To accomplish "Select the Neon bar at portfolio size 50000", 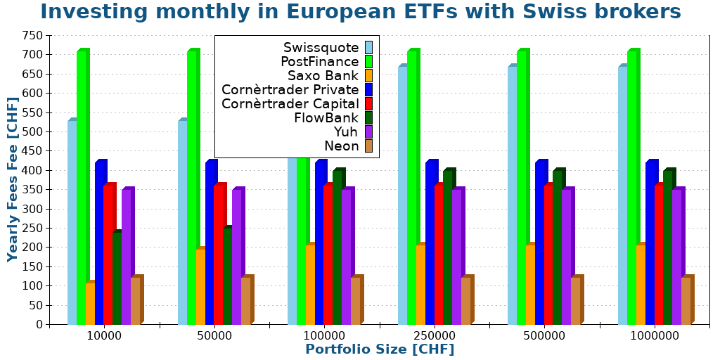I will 245,301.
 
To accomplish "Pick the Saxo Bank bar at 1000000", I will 641,285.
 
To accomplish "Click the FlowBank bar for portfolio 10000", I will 117,278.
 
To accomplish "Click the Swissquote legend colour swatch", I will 368,48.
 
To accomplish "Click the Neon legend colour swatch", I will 368,146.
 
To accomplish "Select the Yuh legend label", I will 346,132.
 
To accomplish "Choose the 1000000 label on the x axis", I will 655,336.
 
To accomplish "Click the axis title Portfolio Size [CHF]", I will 380,349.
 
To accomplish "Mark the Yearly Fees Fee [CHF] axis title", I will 13,179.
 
